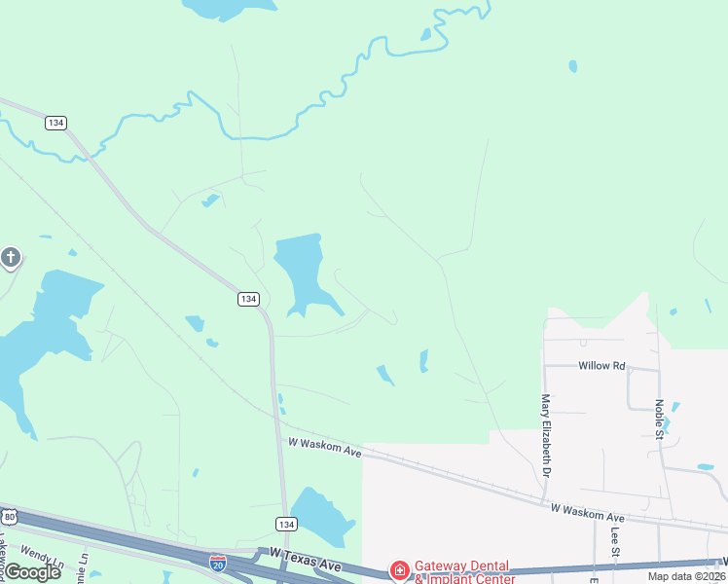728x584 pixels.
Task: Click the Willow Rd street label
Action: pyautogui.click(x=601, y=366)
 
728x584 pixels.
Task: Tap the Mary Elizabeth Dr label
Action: pyautogui.click(x=546, y=434)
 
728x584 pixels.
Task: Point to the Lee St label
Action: pyautogui.click(x=615, y=543)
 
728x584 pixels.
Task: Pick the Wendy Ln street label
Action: pyautogui.click(x=41, y=559)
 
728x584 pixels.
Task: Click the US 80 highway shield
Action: pyautogui.click(x=9, y=516)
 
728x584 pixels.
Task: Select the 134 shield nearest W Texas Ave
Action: pyautogui.click(x=284, y=524)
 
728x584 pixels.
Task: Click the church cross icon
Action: pyautogui.click(x=11, y=257)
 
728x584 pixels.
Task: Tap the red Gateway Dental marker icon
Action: pyautogui.click(x=398, y=569)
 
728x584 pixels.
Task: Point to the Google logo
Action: pyautogui.click(x=33, y=572)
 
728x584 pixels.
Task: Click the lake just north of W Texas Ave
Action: pyautogui.click(x=321, y=513)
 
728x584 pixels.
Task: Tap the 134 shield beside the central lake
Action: pyautogui.click(x=248, y=299)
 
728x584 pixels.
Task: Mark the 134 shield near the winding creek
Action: pyautogui.click(x=55, y=123)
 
